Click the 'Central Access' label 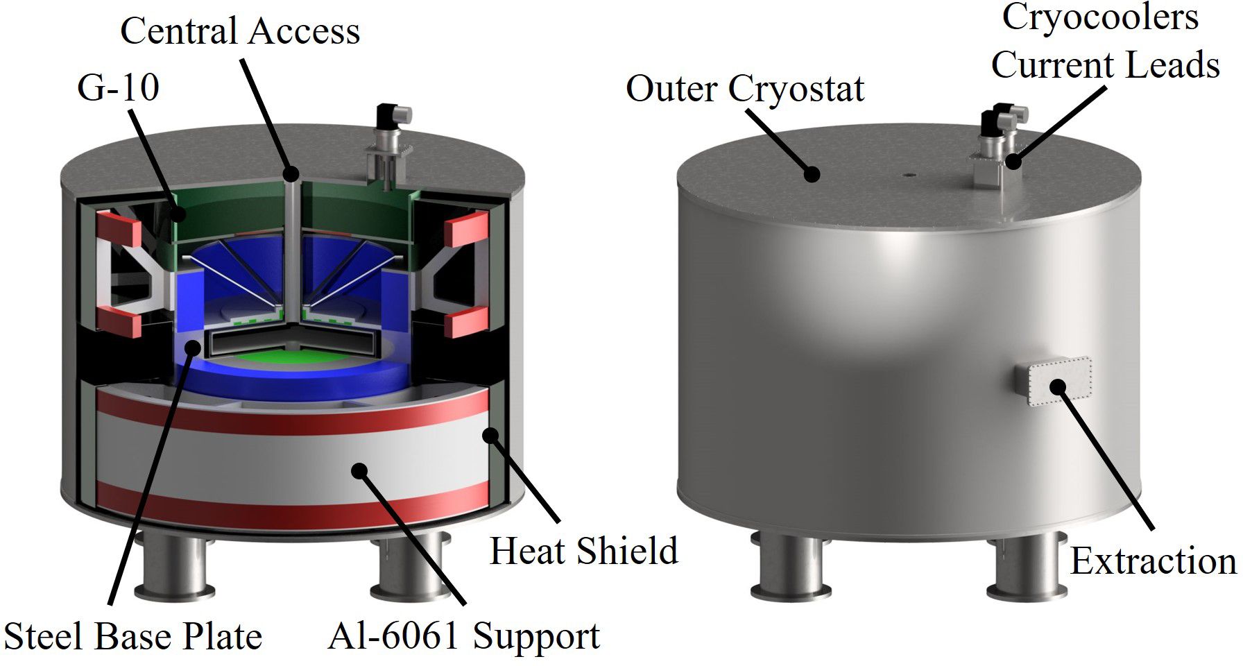[240, 31]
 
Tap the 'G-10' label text [118, 87]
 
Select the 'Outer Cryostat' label [745, 89]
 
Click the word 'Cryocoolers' [1100, 18]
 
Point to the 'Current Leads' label [1105, 65]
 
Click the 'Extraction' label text [1153, 561]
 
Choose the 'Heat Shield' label [583, 551]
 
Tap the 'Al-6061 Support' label [463, 636]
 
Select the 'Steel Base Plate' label [133, 636]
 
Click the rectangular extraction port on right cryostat [1054, 382]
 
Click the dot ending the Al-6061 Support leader [358, 471]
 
